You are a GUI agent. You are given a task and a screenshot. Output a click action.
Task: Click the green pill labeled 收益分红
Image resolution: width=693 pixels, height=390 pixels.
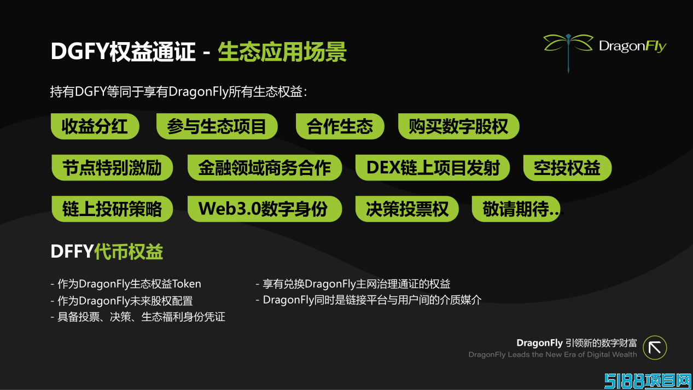95,126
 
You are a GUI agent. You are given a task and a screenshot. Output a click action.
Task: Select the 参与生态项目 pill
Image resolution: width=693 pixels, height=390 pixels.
217,126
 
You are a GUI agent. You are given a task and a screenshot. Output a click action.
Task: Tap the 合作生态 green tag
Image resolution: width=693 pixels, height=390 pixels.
340,126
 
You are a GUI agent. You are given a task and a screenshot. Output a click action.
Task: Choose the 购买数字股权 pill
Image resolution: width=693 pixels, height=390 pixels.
458,126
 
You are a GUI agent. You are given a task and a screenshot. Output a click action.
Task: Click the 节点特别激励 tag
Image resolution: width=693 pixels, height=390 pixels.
112,167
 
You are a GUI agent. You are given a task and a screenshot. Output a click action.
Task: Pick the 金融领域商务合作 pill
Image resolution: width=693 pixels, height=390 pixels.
265,167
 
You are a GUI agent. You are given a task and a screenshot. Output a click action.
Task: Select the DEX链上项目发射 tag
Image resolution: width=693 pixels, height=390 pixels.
433,167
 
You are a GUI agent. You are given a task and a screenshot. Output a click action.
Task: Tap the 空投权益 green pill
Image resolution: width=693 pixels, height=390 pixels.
567,167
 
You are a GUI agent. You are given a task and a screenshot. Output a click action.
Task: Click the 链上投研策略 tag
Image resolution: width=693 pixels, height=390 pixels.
112,209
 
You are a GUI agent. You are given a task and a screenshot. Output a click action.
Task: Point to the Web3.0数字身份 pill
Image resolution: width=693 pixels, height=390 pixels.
265,209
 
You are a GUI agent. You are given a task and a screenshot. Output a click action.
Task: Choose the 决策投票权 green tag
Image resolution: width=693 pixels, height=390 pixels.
407,209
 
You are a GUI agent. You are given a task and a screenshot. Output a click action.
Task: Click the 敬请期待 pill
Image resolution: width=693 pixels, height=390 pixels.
516,209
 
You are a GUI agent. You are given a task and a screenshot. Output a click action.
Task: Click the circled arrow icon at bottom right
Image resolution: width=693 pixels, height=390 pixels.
655,348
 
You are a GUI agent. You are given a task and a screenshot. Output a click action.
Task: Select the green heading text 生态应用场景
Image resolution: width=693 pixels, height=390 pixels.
282,51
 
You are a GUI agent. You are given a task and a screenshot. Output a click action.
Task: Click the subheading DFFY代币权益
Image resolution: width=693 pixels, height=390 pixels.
107,251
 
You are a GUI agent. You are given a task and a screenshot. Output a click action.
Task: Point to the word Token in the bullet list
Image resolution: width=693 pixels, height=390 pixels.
187,284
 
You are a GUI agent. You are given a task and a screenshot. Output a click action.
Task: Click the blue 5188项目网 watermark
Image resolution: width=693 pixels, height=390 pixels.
648,381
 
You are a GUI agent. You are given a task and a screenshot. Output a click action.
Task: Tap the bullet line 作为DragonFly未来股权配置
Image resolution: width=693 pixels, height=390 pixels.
121,301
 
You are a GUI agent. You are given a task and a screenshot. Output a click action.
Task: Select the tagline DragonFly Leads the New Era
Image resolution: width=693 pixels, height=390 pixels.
552,354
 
